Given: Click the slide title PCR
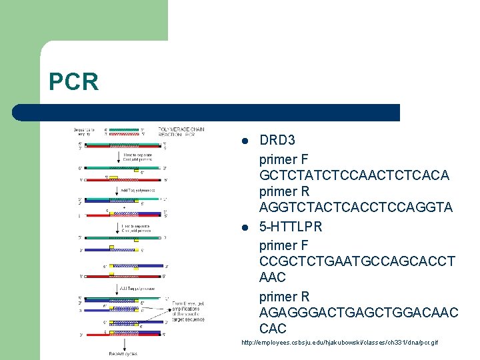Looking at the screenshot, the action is tap(73, 82).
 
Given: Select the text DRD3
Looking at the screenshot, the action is tap(277, 141).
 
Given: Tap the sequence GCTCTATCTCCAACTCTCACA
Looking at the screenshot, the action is tap(354, 175).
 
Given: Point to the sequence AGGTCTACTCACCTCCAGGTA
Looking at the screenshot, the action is tap(355, 208).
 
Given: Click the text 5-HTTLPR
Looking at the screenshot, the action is tap(291, 227).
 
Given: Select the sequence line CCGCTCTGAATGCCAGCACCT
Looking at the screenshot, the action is tap(357, 261).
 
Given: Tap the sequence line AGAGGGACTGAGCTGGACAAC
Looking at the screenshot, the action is tap(359, 312).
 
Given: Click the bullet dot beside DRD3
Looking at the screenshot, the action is tap(245, 141).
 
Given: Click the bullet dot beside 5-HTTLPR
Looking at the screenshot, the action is tap(245, 227).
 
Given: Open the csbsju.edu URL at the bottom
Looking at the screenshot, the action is tap(340, 343).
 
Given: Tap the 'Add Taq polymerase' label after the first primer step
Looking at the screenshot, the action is tap(137, 190).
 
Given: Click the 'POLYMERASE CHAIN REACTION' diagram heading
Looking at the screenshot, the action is tap(181, 131).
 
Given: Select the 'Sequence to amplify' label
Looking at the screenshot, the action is tap(86, 131).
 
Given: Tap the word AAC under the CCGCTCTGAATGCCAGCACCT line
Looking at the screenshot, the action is tap(272, 277).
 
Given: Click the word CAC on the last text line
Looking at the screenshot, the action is tap(273, 328).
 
